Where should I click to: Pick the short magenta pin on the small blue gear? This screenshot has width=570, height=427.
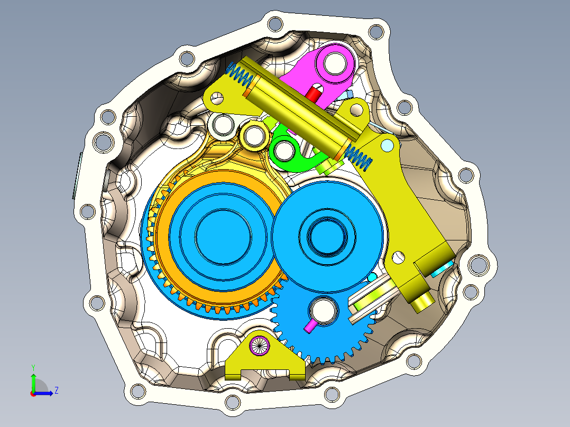310,326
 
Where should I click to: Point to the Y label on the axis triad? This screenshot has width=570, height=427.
33,367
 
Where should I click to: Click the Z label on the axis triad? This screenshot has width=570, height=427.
56,391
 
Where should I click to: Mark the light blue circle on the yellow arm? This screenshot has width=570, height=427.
388,144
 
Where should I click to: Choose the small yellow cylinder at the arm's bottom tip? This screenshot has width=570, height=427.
423,302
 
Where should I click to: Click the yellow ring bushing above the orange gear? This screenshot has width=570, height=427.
253,136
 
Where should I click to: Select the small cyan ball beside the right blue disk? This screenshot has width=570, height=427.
372,277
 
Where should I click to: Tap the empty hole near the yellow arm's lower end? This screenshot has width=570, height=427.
399,257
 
